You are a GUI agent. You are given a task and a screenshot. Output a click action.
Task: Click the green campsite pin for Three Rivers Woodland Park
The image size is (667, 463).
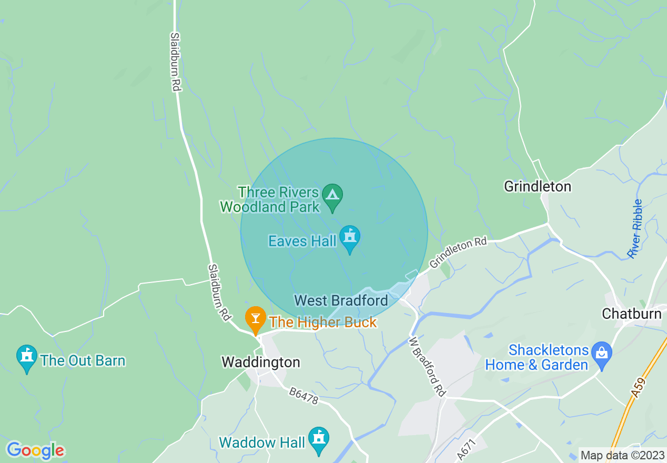332,195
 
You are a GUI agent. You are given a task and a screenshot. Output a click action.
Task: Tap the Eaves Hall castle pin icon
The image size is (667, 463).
349,237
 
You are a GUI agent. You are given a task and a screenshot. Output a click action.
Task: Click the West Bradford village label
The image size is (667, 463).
341,300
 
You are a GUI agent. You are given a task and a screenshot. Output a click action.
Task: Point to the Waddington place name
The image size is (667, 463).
260,362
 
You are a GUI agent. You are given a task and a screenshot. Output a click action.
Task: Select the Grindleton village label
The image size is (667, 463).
537,186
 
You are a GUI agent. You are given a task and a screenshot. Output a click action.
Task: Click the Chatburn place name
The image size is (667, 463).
631,314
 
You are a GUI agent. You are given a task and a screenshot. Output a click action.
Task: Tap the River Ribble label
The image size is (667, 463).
635,229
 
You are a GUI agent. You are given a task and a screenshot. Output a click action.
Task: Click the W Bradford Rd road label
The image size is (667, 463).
427,367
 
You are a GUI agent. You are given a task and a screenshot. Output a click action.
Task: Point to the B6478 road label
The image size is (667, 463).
304,396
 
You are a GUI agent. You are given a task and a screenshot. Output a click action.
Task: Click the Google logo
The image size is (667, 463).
35,450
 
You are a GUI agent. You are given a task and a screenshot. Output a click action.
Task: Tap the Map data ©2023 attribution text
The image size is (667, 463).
622,455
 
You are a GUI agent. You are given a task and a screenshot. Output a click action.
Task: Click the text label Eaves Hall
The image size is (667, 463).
302,241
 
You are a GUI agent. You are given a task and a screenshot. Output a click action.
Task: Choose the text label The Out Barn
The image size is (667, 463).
83,360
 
